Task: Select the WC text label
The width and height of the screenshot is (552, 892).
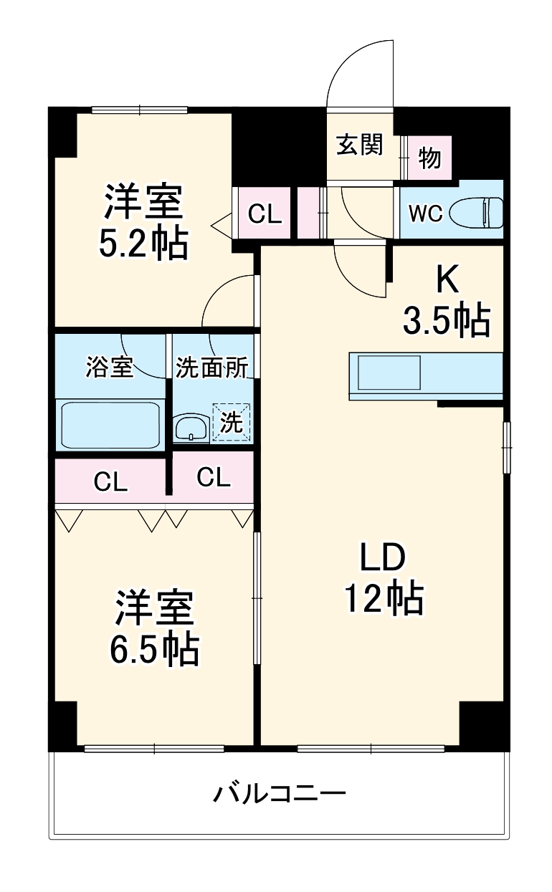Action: pos(426,214)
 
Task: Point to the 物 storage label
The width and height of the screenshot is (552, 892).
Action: pos(429,158)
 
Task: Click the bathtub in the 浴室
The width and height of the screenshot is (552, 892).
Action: pos(110,425)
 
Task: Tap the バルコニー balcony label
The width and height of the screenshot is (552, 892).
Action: pos(280,794)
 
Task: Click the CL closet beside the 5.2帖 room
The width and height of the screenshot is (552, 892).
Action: pos(264,213)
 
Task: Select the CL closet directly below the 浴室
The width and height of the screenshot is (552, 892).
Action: pos(110,482)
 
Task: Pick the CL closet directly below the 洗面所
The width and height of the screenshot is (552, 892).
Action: pos(213,477)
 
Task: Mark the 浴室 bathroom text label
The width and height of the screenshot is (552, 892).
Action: pos(109,368)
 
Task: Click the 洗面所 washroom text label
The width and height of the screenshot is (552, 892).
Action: pos(212,368)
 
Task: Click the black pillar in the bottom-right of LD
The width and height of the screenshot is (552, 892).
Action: pos(484,725)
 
